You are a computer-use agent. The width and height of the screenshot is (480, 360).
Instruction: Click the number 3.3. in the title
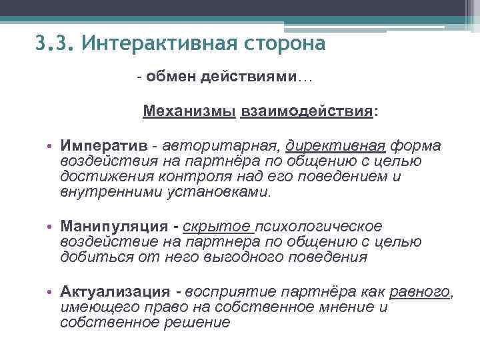click(x=54, y=45)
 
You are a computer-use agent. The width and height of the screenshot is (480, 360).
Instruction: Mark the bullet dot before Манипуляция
click(x=50, y=227)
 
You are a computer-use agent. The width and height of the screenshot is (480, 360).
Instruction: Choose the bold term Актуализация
click(x=115, y=292)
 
